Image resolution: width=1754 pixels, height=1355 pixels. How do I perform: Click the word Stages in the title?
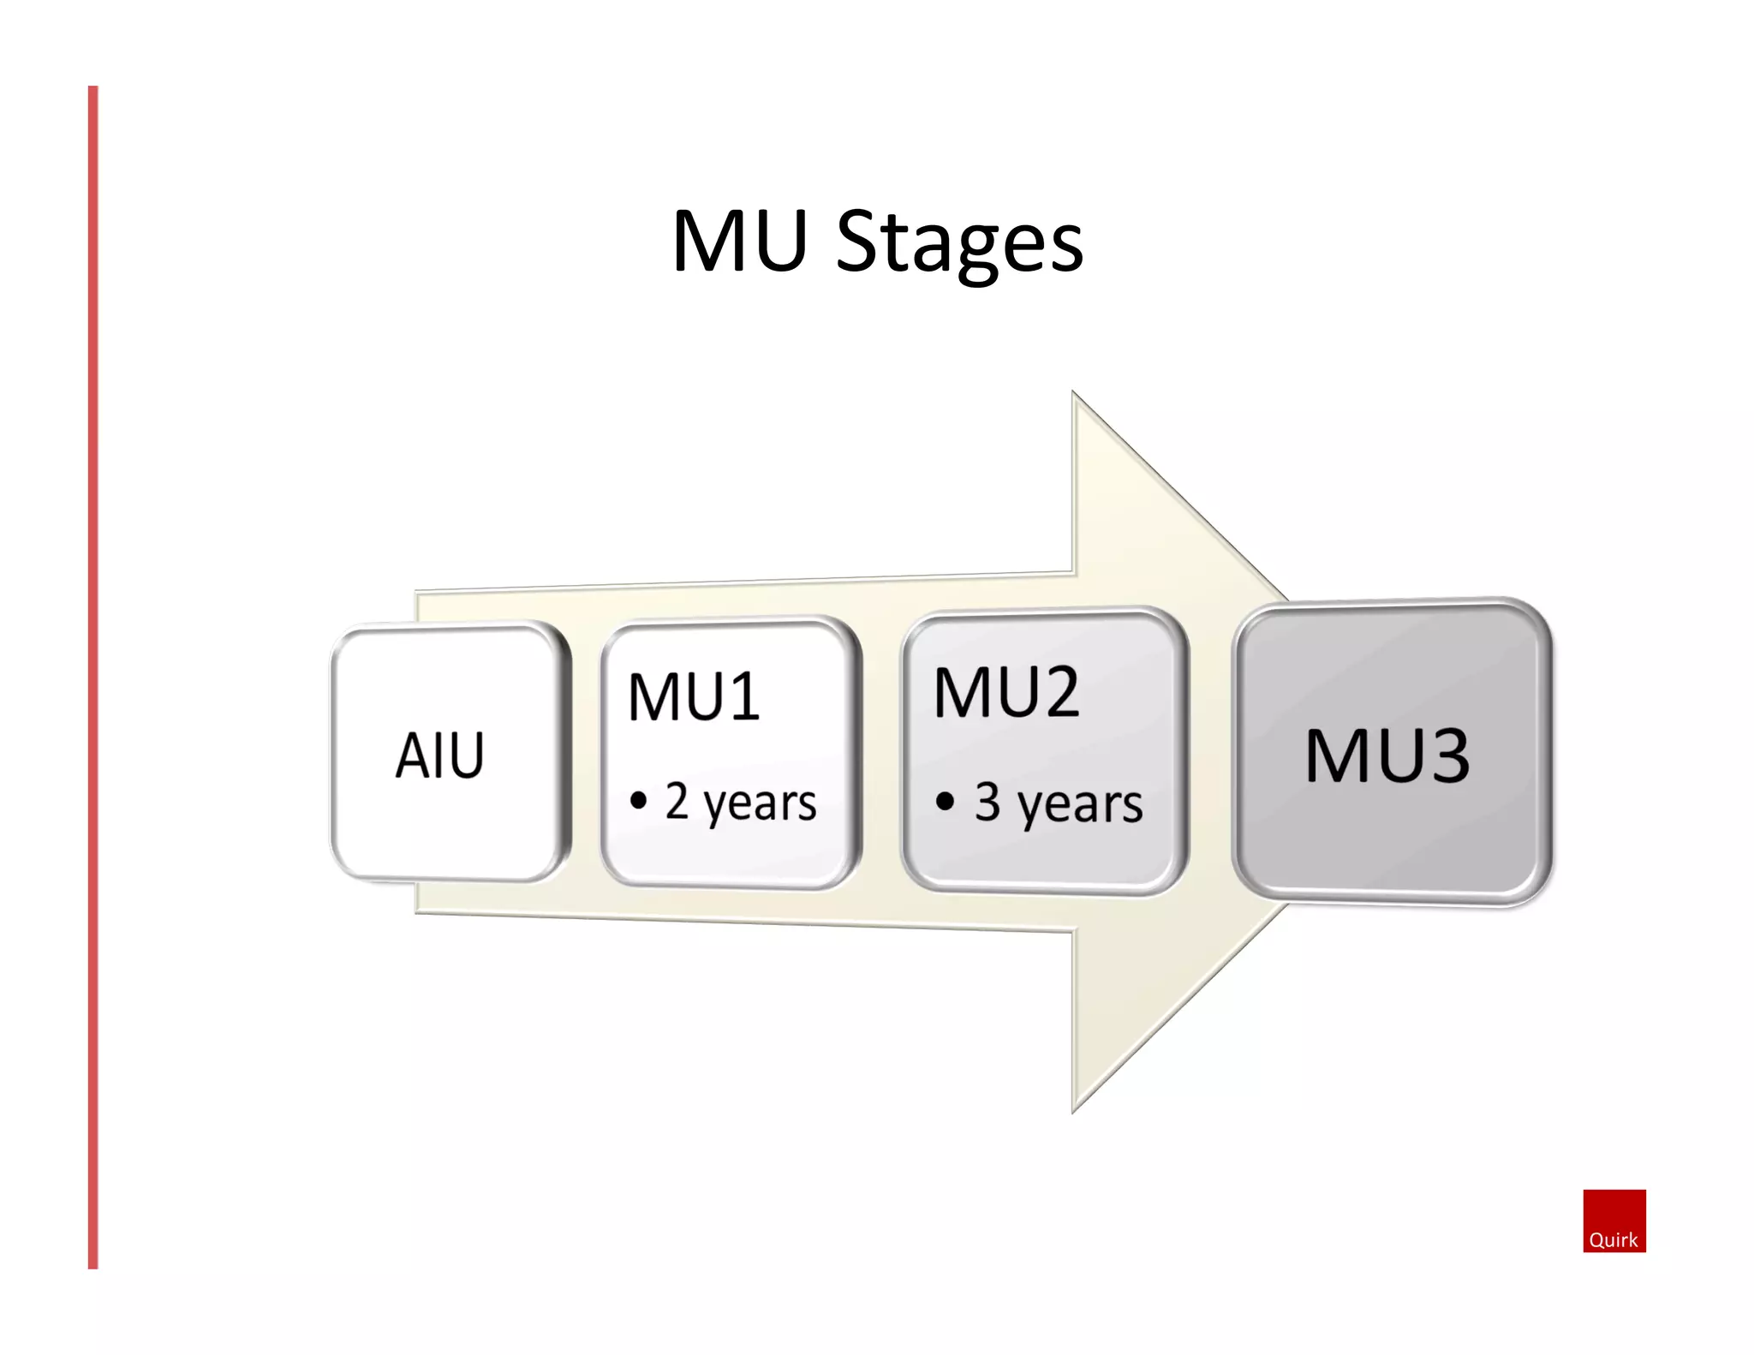coord(959,244)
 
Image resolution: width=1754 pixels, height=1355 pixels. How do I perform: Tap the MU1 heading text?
coord(694,696)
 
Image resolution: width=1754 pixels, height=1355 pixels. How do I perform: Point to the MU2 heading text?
coord(1006,692)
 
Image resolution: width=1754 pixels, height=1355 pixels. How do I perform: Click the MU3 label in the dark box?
coord(1387,755)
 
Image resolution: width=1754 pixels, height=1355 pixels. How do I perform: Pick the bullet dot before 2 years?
coord(638,801)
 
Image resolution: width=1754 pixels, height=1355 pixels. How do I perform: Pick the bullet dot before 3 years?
coord(945,802)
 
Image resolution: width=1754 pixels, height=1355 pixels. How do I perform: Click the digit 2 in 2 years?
coord(677,800)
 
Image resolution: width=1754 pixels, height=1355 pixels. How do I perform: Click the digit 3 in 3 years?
coord(987,802)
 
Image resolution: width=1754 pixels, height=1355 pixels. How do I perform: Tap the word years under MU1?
coord(760,805)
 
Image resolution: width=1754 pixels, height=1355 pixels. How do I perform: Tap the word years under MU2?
coord(1080,807)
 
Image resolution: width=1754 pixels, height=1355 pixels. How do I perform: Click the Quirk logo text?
coord(1613,1239)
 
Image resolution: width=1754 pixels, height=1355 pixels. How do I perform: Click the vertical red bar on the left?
coord(93,677)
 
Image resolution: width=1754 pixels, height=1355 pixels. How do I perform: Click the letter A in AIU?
coord(412,755)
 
